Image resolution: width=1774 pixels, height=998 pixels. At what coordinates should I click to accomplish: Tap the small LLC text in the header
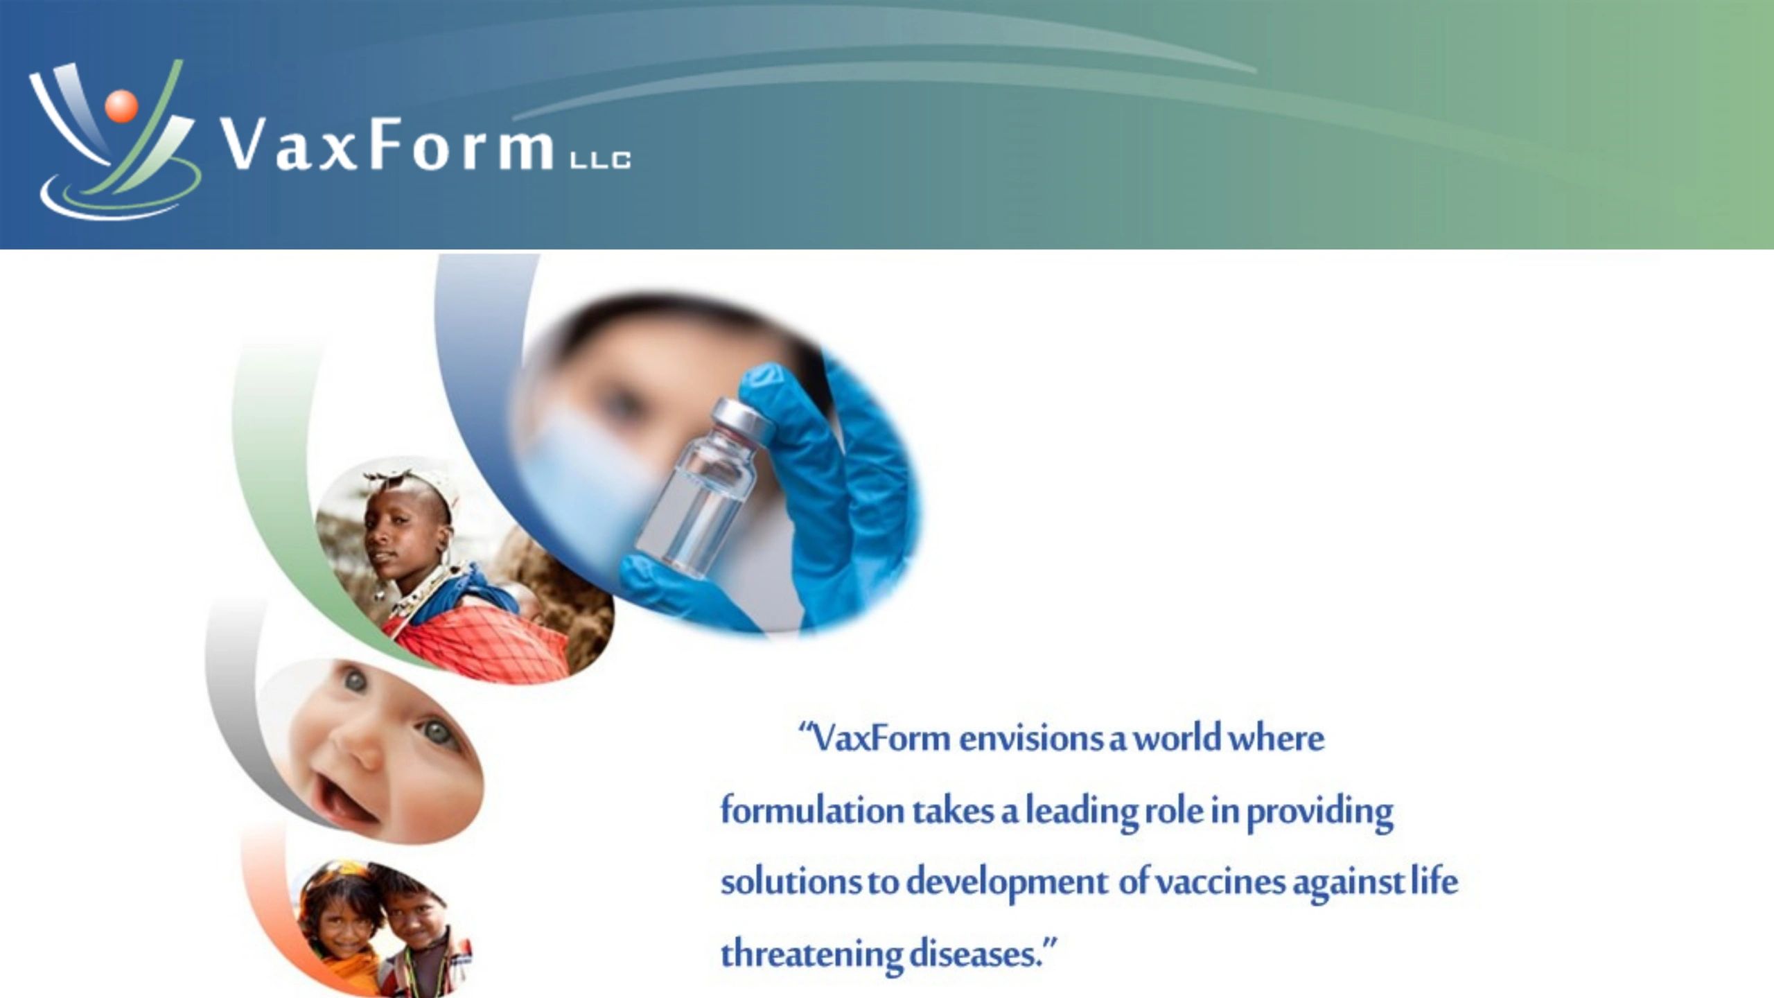click(x=599, y=161)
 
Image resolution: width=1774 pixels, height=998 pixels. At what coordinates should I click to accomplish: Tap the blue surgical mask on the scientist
click(x=575, y=478)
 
